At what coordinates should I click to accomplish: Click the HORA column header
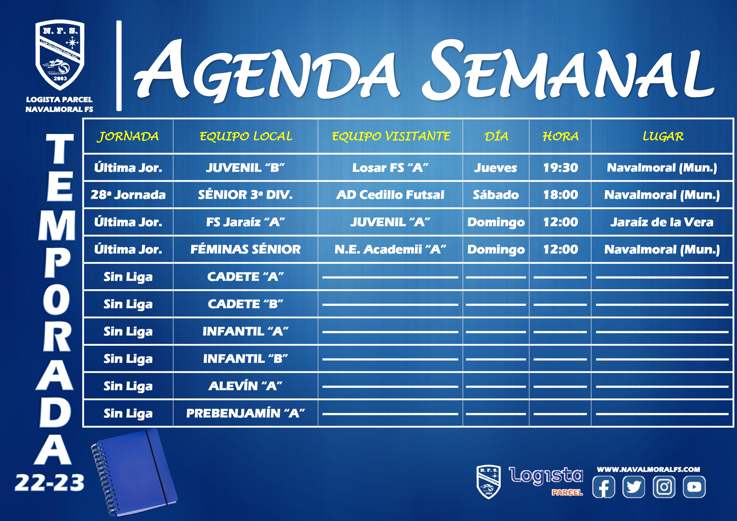(x=561, y=136)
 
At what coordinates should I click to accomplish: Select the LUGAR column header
(x=663, y=136)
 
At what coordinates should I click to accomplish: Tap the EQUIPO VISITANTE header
(x=391, y=136)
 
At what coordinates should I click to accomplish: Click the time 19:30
(x=561, y=168)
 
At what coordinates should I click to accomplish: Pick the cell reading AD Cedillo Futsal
(x=390, y=195)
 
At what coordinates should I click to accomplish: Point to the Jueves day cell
(x=495, y=168)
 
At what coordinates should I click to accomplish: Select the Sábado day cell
(x=495, y=195)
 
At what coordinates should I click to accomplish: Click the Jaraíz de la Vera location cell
(x=662, y=222)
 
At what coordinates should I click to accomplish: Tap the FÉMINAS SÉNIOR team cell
(x=246, y=249)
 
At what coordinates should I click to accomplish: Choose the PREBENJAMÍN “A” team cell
(x=246, y=413)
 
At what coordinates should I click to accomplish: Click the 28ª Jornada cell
(x=128, y=195)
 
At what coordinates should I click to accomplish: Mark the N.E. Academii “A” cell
(x=390, y=249)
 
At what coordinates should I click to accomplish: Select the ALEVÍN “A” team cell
(x=246, y=386)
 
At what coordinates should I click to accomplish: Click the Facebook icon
(x=603, y=487)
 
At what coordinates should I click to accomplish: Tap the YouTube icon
(x=694, y=487)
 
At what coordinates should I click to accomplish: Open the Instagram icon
(x=664, y=487)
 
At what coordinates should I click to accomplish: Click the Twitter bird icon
(x=634, y=487)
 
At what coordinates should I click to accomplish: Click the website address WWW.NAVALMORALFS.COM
(x=648, y=469)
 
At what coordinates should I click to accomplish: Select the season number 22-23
(x=49, y=483)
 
